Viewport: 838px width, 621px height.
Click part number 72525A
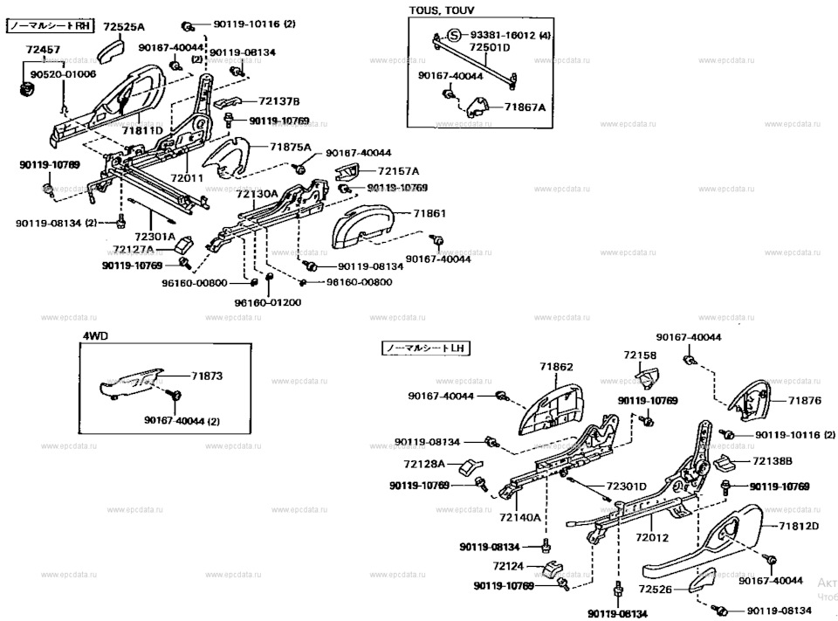pos(124,27)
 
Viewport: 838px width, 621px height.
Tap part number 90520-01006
pos(63,75)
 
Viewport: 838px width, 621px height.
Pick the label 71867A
pos(524,107)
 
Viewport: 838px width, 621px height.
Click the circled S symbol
pos(453,36)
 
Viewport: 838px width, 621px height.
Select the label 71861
pos(429,213)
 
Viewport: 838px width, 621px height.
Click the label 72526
pos(656,590)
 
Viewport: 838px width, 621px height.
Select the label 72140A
pos(520,518)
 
